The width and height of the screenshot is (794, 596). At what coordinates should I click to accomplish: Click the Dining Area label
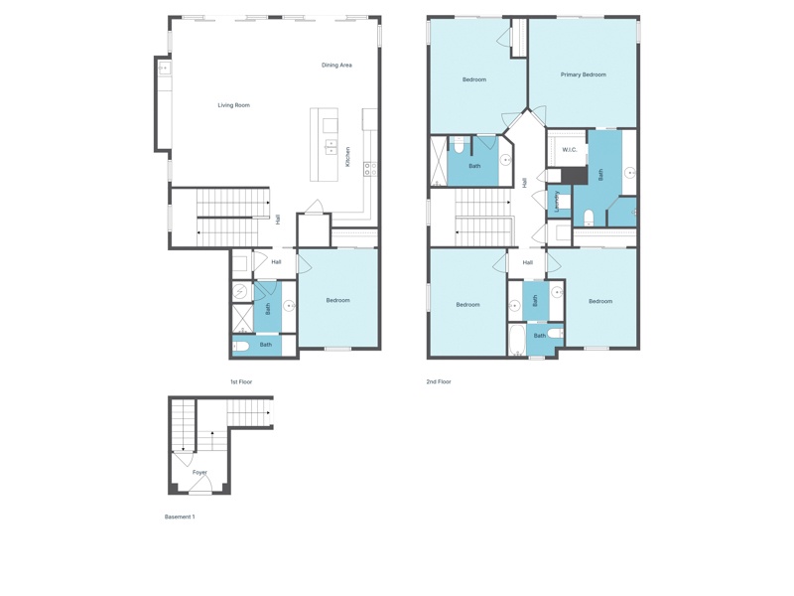[336, 65]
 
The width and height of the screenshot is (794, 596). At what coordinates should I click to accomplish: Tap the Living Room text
[234, 105]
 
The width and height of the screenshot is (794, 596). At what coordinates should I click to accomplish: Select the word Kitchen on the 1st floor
[348, 157]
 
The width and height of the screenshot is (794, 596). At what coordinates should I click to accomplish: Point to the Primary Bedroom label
[584, 74]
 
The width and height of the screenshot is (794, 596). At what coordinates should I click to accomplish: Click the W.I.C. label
[570, 150]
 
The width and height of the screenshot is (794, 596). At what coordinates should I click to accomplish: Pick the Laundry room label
[557, 202]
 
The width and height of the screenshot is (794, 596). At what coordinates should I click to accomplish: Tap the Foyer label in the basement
[200, 473]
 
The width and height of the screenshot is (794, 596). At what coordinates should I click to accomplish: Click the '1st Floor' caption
[241, 381]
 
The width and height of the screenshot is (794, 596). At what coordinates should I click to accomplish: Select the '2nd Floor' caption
[439, 381]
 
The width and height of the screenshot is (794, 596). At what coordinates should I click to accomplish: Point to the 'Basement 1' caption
[180, 517]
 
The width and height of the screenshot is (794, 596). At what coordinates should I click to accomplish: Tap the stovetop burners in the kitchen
[370, 169]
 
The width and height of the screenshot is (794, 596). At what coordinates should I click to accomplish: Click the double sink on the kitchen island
[331, 146]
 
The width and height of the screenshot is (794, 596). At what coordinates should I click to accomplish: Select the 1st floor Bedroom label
[338, 300]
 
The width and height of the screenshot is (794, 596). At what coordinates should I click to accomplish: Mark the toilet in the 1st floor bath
[240, 346]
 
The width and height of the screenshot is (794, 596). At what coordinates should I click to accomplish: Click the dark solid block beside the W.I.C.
[574, 176]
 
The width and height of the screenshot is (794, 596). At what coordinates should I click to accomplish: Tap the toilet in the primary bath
[589, 218]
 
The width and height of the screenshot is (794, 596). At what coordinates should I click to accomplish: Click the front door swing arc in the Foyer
[200, 482]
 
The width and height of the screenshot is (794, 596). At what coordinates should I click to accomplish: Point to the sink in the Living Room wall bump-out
[164, 68]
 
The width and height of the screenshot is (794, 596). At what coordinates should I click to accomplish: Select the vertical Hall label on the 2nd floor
[525, 182]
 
